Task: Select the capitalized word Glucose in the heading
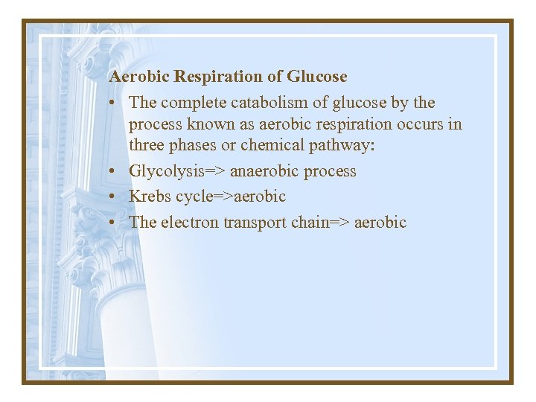click(317, 77)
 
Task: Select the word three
click(150, 145)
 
